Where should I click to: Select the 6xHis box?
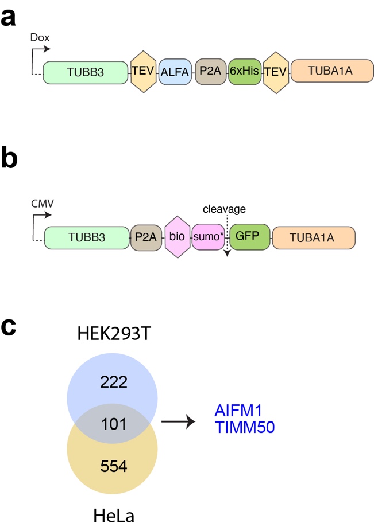[x=245, y=73]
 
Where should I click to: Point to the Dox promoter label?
[x=40, y=37]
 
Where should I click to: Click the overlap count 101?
[x=113, y=423]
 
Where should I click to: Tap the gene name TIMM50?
[x=237, y=427]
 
